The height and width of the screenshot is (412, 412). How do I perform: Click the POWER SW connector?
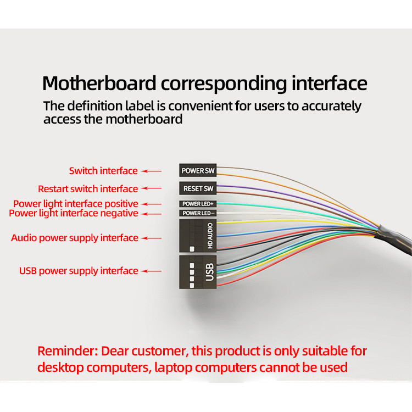click(x=198, y=171)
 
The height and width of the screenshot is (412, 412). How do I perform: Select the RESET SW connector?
click(x=198, y=188)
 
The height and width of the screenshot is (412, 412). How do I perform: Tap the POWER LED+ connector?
click(x=198, y=204)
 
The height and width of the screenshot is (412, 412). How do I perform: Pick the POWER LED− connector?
click(x=198, y=213)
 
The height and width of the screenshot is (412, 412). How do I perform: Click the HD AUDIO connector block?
click(x=198, y=236)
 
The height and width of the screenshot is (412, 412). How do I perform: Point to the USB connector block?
click(x=198, y=272)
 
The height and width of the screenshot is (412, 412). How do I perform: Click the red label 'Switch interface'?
click(x=103, y=171)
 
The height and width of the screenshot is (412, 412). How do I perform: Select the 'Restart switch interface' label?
click(x=88, y=189)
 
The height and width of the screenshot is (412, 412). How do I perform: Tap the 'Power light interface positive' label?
click(x=76, y=204)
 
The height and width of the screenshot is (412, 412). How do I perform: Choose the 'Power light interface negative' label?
click(x=74, y=213)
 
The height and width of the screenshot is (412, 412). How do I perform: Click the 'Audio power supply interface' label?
click(x=75, y=238)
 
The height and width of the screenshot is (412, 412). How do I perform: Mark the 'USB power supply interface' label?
click(x=79, y=271)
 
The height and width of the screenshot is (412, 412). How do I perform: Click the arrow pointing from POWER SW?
click(x=153, y=171)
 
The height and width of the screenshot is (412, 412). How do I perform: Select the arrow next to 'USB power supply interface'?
click(x=153, y=271)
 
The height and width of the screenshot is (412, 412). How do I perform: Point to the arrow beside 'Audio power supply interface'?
click(x=153, y=238)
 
